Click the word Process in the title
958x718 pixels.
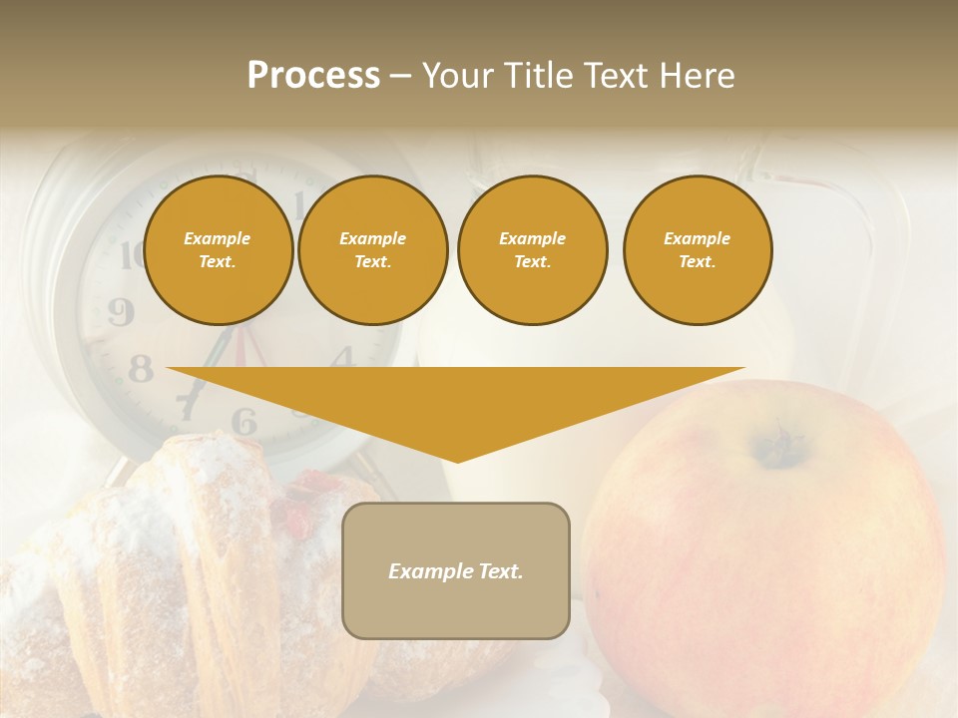pos(313,76)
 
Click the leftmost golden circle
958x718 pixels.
pos(218,250)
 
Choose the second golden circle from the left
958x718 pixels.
pos(372,250)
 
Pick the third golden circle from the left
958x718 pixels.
pos(532,250)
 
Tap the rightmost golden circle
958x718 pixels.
pos(697,250)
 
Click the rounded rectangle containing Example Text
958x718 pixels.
pos(456,570)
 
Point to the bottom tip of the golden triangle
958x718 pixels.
pos(457,461)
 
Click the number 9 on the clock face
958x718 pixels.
pos(121,313)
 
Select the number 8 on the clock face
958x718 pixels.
pos(141,370)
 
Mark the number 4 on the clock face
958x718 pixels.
pos(342,356)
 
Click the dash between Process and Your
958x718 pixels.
pos(401,76)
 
